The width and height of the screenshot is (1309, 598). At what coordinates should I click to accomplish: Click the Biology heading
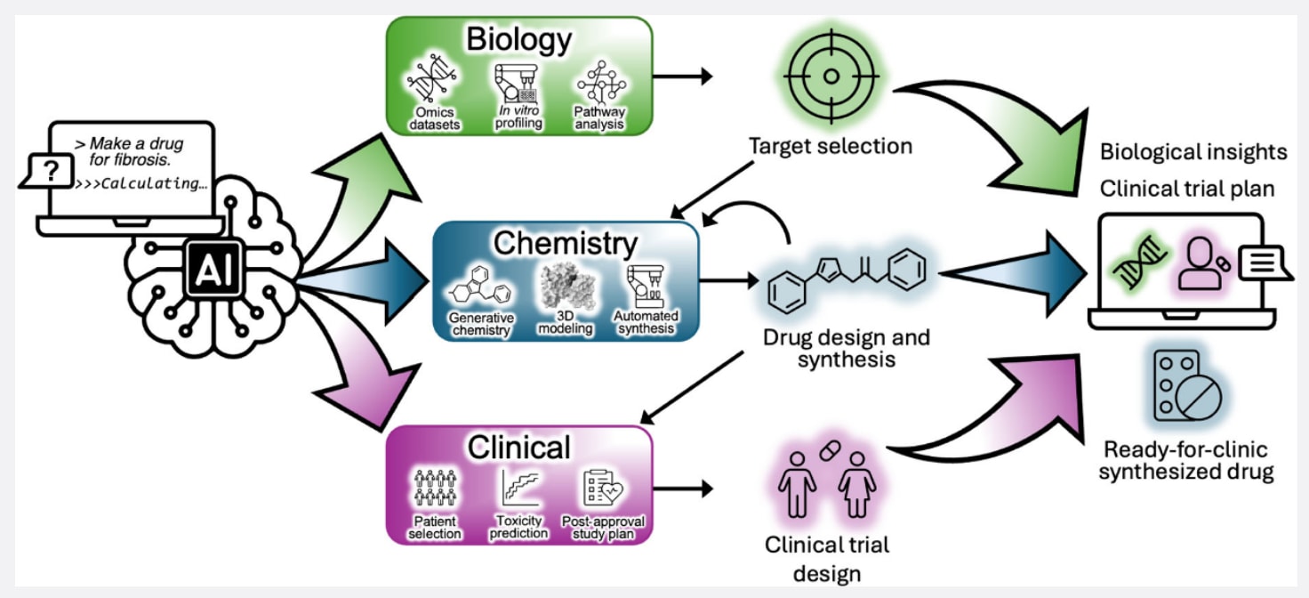tap(520, 39)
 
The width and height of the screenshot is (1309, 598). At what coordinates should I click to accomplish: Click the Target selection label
tap(830, 146)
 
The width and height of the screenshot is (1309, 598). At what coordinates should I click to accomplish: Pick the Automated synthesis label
tap(646, 322)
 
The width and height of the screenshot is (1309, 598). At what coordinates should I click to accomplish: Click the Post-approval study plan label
tap(604, 527)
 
